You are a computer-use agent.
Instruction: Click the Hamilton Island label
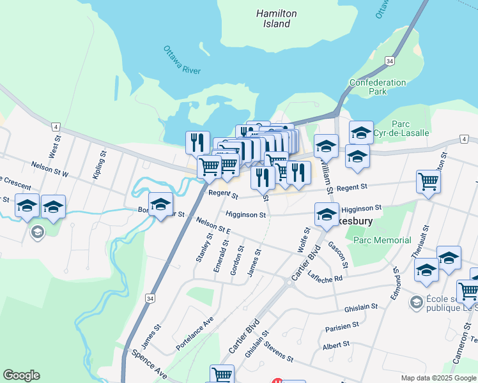click(277, 19)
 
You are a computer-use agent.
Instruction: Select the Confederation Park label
click(377, 87)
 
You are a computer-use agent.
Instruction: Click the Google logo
click(21, 375)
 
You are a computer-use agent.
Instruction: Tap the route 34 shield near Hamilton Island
click(389, 60)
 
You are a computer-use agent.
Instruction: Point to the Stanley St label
click(204, 248)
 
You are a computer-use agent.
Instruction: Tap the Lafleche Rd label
click(326, 277)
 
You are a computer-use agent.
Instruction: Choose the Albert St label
click(336, 344)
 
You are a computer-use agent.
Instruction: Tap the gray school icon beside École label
click(417, 301)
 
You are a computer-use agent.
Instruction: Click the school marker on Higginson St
click(327, 214)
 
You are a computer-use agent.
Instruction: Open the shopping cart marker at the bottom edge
click(222, 374)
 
